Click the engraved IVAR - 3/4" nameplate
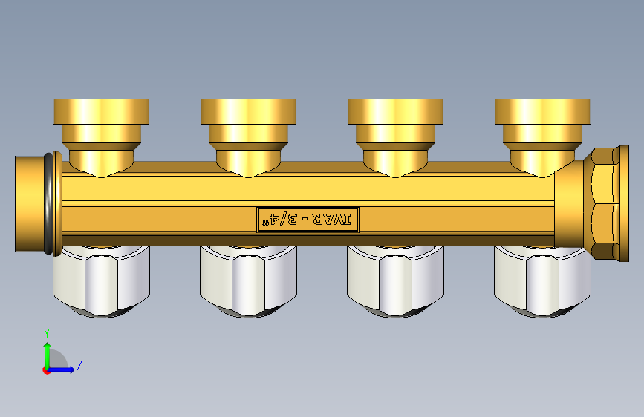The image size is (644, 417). [x=308, y=220]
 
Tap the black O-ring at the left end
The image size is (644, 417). [x=48, y=204]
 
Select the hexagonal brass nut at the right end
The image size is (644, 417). [x=602, y=203]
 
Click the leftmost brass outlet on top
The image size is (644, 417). [x=102, y=137]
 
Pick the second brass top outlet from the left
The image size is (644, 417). [x=249, y=137]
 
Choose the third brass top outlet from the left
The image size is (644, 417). [x=395, y=137]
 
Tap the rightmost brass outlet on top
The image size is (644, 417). [x=542, y=137]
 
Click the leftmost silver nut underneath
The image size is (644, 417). [x=102, y=281]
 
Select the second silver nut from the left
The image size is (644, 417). [x=249, y=281]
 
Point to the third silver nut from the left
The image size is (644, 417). [x=395, y=281]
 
